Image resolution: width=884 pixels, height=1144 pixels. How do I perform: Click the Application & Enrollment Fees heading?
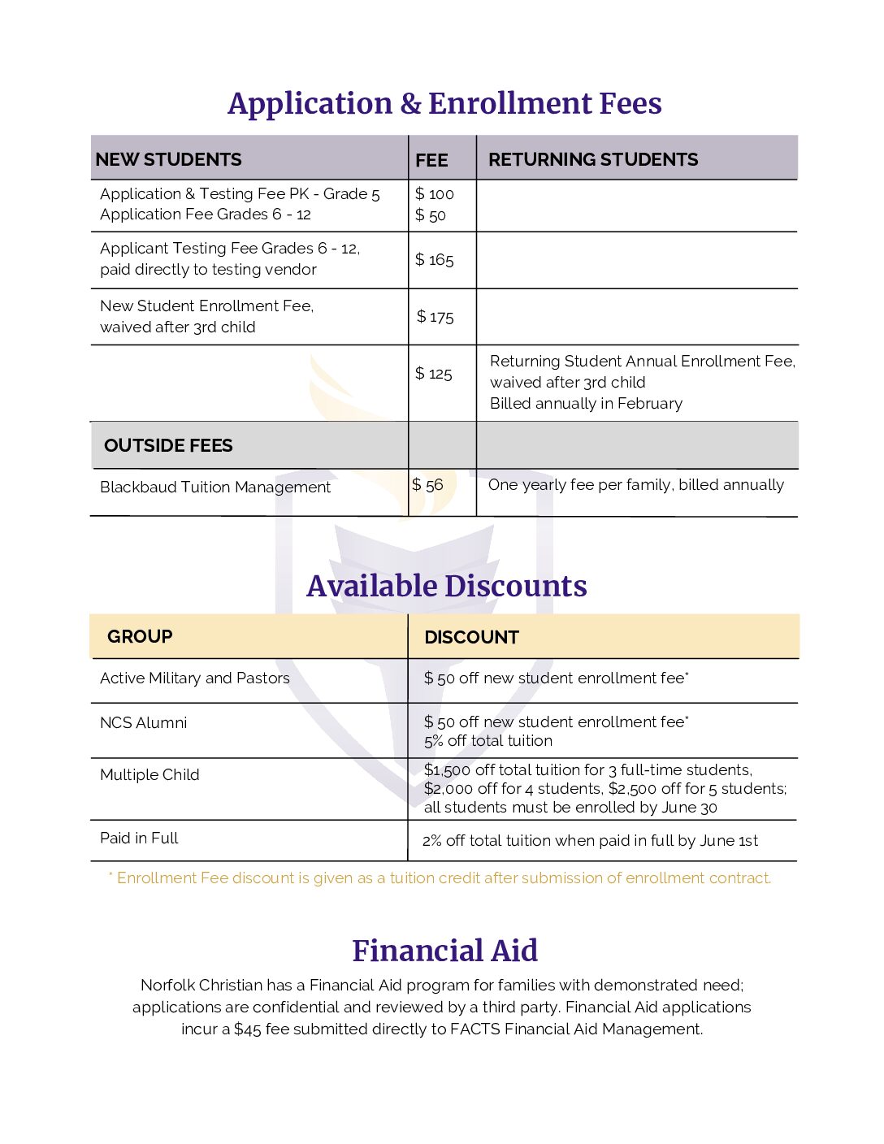pos(444,103)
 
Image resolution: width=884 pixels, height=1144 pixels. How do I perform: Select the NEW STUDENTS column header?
pos(168,159)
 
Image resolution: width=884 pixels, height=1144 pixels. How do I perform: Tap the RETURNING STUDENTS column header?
pos(592,159)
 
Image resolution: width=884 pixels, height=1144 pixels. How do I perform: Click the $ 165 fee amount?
pos(434,260)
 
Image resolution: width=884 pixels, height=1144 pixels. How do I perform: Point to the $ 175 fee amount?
pos(435,317)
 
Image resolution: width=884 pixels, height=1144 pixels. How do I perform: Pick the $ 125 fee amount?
pos(433,374)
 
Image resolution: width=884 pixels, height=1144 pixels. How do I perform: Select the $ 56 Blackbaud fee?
pos(427,485)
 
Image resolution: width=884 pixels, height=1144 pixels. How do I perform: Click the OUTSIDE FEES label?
pos(168,445)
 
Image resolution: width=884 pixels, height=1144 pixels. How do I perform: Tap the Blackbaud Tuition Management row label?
pos(215,487)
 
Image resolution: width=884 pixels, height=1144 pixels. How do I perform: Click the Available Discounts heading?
pos(446,586)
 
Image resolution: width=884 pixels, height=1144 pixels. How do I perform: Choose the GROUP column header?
pos(140,636)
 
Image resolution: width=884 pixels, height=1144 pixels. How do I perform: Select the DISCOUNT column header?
pos(471,637)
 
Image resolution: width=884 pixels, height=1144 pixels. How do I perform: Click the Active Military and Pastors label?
pos(194,678)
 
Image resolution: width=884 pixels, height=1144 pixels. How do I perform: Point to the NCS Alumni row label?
pos(143,723)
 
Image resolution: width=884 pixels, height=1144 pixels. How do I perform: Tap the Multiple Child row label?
pos(149,775)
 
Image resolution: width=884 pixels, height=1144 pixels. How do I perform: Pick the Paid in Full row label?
pos(139,838)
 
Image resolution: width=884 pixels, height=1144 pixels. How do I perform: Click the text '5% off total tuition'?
pos(487,741)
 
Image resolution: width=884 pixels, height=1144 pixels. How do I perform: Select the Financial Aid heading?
pos(444,951)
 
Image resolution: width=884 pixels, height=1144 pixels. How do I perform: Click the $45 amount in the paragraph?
pos(248,1029)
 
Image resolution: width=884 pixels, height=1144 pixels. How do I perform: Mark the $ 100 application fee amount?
pos(434,194)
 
